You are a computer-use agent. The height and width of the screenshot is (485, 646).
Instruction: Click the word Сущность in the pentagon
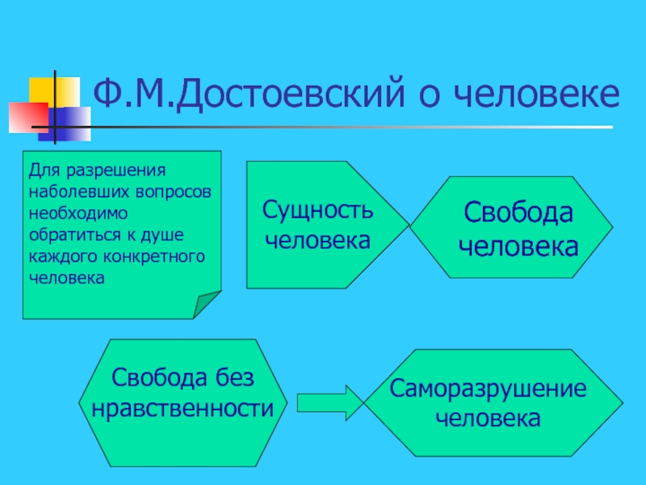click(x=317, y=211)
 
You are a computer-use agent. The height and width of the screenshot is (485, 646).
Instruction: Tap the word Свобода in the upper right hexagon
click(x=518, y=215)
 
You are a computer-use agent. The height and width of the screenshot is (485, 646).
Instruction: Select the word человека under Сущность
click(x=317, y=240)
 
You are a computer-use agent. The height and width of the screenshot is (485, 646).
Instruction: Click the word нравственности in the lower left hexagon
click(x=189, y=408)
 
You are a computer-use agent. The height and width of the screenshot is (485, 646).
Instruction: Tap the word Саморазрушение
click(x=488, y=389)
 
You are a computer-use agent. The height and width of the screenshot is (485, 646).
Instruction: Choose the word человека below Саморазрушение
click(x=488, y=418)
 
